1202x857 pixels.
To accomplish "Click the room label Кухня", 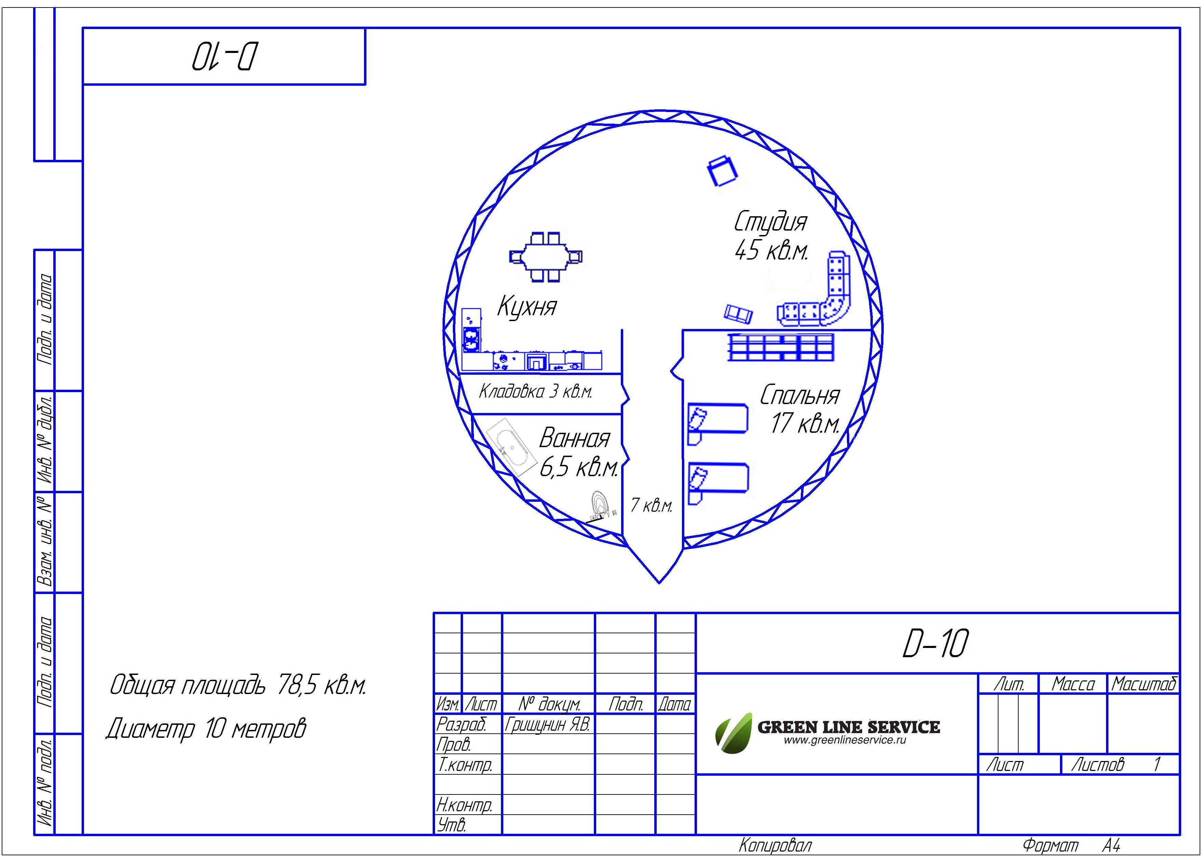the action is pos(527,306).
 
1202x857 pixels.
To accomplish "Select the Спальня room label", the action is pos(800,395).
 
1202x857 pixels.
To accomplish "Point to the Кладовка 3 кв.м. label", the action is pos(535,391).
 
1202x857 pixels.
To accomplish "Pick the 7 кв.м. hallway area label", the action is pos(652,505).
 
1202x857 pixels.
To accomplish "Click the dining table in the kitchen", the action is pos(546,257).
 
